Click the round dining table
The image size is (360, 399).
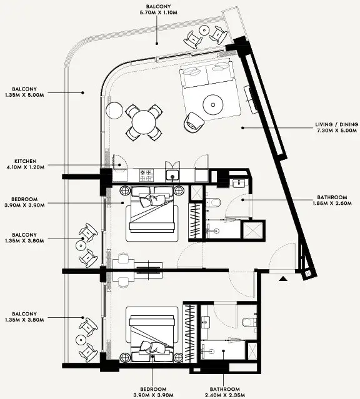coord(144,122)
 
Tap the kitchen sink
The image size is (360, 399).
coord(172,175)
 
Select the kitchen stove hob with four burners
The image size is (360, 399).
coord(146,175)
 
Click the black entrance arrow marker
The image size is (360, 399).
coord(283,278)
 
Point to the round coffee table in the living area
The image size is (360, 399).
coord(213,104)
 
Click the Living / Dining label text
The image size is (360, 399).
coord(336,127)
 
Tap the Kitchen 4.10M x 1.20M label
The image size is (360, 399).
coord(26,164)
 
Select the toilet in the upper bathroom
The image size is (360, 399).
coord(214,203)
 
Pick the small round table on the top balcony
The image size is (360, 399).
coord(204,30)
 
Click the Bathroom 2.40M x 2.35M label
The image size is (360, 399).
coord(225,392)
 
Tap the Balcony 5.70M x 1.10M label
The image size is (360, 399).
coord(158,9)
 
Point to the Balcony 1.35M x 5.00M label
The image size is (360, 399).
coord(24,92)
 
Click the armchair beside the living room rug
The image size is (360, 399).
coord(194,122)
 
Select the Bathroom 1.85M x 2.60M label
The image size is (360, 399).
coord(332,200)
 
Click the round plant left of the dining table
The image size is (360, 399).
coord(114,110)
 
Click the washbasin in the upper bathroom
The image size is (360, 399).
coord(239,183)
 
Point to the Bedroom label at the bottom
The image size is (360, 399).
coord(153,392)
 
